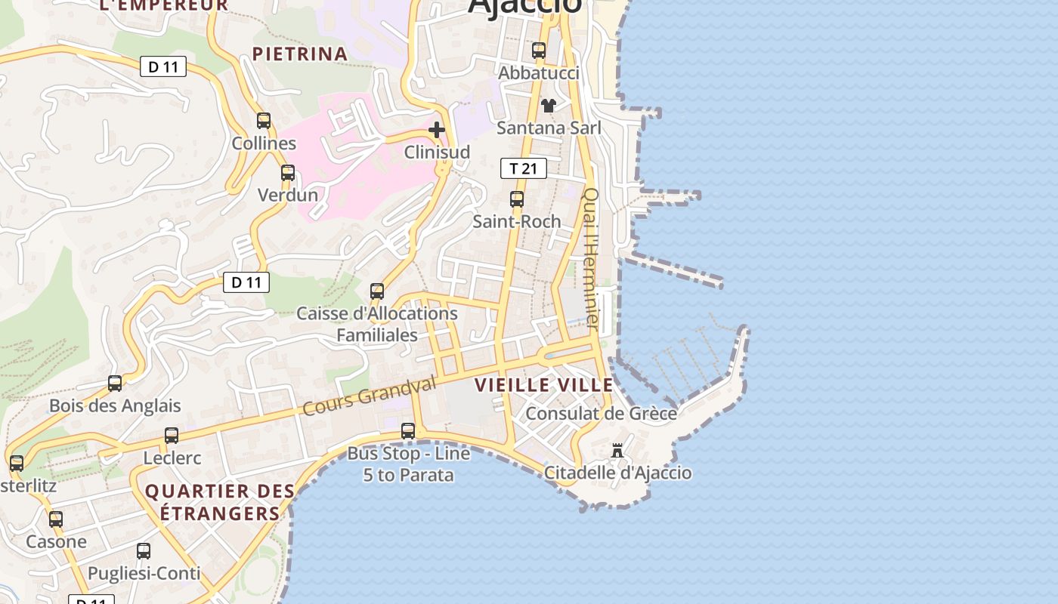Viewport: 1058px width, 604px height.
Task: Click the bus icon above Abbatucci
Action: click(539, 51)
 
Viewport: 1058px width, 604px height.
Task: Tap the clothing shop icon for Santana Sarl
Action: click(549, 106)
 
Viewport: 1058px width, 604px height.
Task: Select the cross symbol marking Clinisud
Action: click(437, 130)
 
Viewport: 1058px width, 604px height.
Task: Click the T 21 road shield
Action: click(523, 168)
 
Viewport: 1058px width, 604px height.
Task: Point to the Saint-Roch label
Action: click(517, 221)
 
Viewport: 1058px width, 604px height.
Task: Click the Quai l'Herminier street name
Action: click(590, 258)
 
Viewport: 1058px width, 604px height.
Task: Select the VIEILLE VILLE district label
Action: click(544, 385)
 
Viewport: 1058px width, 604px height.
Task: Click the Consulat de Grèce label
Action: click(601, 414)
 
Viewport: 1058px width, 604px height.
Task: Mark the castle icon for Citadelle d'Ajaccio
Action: click(617, 451)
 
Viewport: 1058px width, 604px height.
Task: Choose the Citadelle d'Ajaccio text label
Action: click(618, 473)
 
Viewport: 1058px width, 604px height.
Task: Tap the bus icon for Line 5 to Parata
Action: click(408, 431)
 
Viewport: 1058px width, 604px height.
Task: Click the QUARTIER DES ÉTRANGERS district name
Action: click(220, 502)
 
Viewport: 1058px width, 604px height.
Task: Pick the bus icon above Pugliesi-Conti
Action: click(144, 551)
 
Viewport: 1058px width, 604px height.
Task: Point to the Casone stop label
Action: click(56, 541)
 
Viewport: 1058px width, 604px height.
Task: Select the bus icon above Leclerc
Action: click(172, 436)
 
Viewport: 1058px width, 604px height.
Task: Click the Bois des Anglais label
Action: click(115, 405)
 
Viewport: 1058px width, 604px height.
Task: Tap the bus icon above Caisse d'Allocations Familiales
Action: click(377, 291)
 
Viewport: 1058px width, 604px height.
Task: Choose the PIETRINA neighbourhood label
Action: click(300, 54)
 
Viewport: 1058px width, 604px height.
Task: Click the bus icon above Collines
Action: click(264, 121)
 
